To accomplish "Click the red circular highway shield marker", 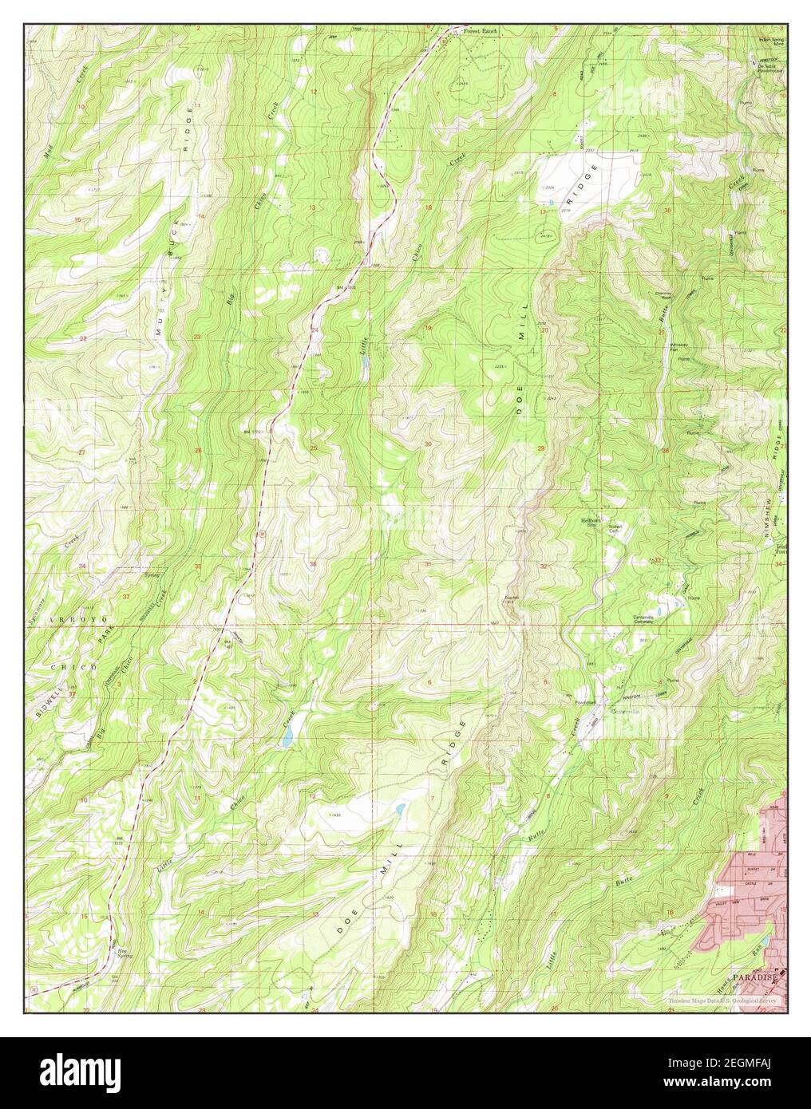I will pos(261,530).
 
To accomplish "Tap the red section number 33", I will pos(658,560).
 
